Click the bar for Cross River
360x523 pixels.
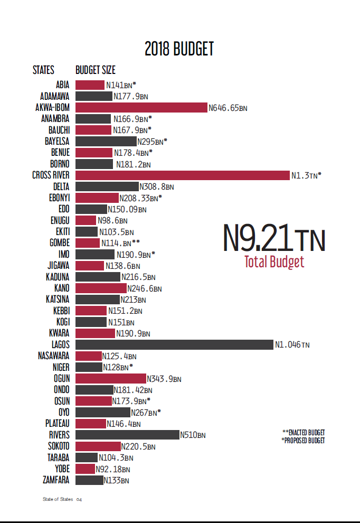tap(183, 175)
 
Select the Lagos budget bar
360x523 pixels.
tap(174, 344)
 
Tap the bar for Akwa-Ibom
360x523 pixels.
tap(141, 107)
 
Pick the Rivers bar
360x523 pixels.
tap(127, 435)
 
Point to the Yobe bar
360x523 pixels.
tap(85, 469)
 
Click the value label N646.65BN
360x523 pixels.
tap(228, 108)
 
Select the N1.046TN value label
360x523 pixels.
tap(292, 345)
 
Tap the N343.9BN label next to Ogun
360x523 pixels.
tap(164, 379)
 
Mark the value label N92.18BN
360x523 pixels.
tap(112, 469)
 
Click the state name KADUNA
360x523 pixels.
tap(58, 277)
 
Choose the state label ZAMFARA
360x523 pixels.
tap(56, 480)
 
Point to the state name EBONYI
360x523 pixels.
tap(59, 198)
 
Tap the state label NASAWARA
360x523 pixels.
tap(54, 356)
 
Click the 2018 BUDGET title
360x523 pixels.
tap(179, 49)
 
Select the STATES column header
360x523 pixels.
tap(43, 70)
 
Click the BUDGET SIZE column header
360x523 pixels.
tap(96, 70)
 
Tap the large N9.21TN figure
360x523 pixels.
tap(274, 239)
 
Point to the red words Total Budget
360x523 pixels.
tap(274, 262)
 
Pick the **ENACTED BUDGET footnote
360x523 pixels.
tap(304, 433)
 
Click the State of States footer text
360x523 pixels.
tap(58, 499)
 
